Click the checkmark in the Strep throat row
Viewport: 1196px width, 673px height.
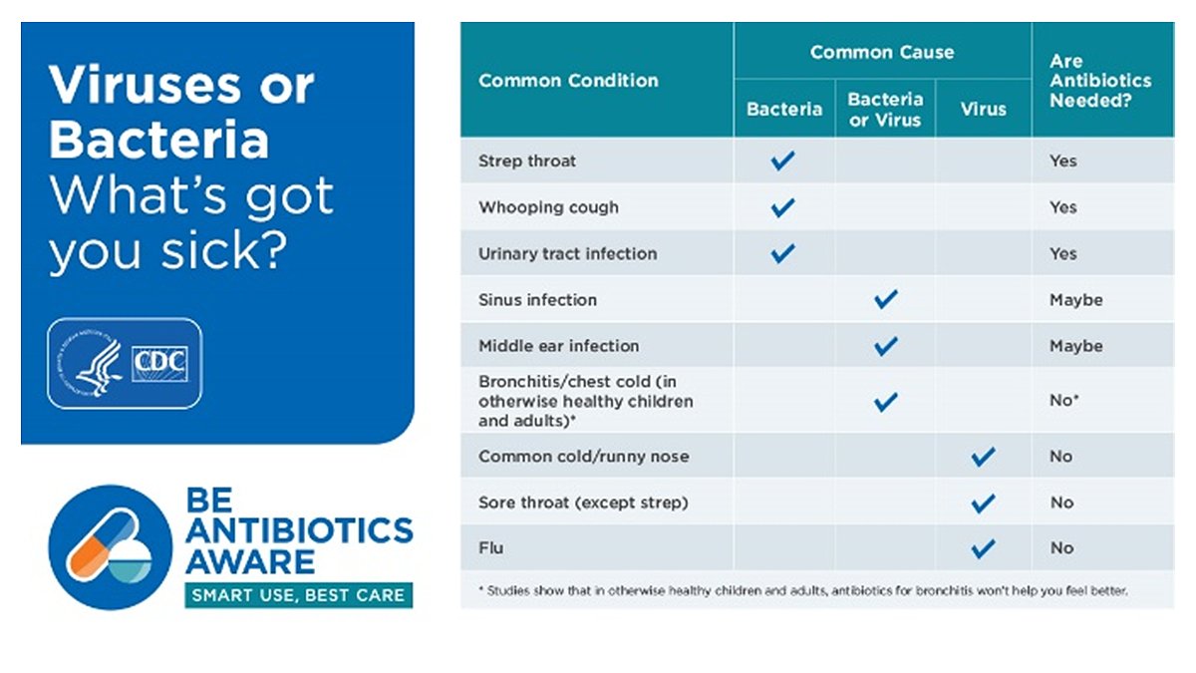783,161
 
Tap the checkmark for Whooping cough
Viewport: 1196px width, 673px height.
783,207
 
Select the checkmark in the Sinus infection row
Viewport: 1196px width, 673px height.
885,299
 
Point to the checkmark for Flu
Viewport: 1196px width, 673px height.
983,547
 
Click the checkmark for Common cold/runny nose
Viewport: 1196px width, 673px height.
983,457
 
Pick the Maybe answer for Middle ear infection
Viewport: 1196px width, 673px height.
1075,346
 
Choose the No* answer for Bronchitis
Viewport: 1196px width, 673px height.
1064,401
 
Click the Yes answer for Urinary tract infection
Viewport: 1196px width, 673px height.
1062,253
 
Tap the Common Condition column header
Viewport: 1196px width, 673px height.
568,81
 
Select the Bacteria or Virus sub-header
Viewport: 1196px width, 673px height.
885,110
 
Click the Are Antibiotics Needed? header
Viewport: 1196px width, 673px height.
1099,81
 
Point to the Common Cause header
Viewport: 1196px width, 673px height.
882,52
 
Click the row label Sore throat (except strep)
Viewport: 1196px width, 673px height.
583,503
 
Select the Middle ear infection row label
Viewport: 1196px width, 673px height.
558,346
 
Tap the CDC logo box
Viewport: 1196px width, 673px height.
159,364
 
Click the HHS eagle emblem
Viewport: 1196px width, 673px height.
92,364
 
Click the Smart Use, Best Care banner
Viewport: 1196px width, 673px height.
298,595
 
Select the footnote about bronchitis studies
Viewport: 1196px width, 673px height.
802,590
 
